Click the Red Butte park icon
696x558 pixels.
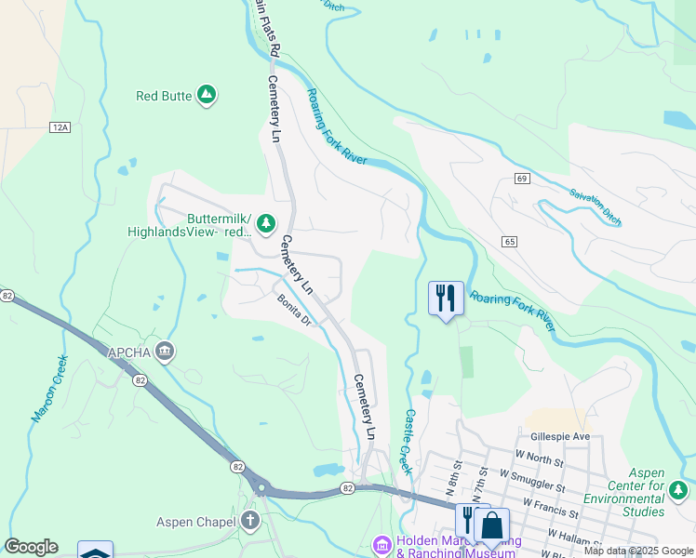coord(207,95)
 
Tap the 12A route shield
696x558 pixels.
coord(60,127)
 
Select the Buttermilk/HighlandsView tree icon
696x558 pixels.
coord(266,222)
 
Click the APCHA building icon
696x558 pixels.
coord(165,351)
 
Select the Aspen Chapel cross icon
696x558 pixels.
coord(250,521)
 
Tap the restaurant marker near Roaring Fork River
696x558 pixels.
coord(446,299)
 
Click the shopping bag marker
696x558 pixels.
coord(491,525)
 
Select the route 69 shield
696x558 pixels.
coord(521,178)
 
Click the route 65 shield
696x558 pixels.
coord(508,242)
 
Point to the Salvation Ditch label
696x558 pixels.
coord(596,205)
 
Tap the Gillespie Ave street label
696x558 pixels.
coord(560,436)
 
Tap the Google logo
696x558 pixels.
coord(32,547)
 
